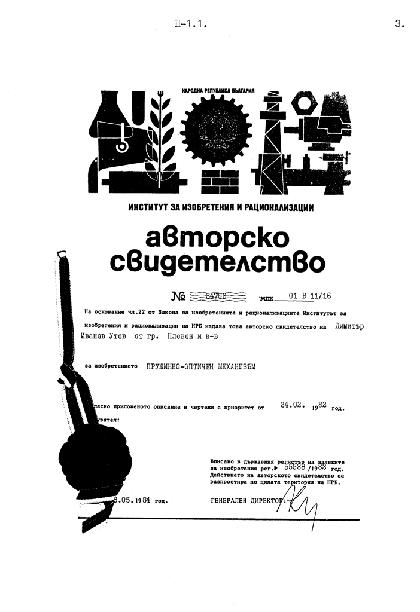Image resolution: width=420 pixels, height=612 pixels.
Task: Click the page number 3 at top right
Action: tap(400, 25)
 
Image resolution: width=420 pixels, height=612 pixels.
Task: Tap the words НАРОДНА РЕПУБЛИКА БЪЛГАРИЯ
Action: tap(218, 90)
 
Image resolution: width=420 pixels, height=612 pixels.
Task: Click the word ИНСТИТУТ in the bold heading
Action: tap(148, 208)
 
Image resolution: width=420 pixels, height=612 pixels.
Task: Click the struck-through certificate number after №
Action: tap(217, 295)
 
